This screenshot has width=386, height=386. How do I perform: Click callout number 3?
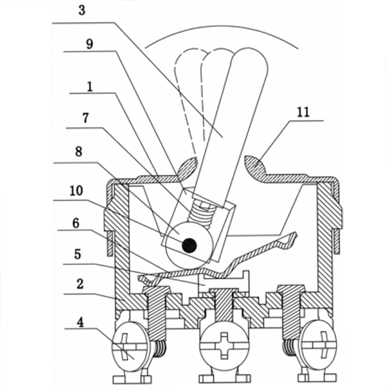[82, 10]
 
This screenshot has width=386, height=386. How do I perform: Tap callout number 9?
[89, 44]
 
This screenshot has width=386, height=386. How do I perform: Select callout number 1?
[90, 87]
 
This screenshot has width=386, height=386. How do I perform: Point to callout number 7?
[86, 118]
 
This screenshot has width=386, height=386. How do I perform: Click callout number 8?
[78, 152]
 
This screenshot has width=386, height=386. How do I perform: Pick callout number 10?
[77, 190]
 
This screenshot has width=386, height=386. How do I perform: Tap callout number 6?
[76, 223]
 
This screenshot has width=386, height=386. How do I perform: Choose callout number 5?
[78, 254]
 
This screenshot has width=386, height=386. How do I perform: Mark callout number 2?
[80, 284]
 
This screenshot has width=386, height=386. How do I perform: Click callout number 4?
[80, 322]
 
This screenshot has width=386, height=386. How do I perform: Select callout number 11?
[303, 112]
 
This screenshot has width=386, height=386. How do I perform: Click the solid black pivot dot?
[189, 246]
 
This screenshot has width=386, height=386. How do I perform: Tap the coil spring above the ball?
[201, 211]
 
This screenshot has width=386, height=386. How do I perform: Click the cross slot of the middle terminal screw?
[224, 345]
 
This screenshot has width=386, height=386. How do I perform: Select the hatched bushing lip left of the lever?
[187, 167]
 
